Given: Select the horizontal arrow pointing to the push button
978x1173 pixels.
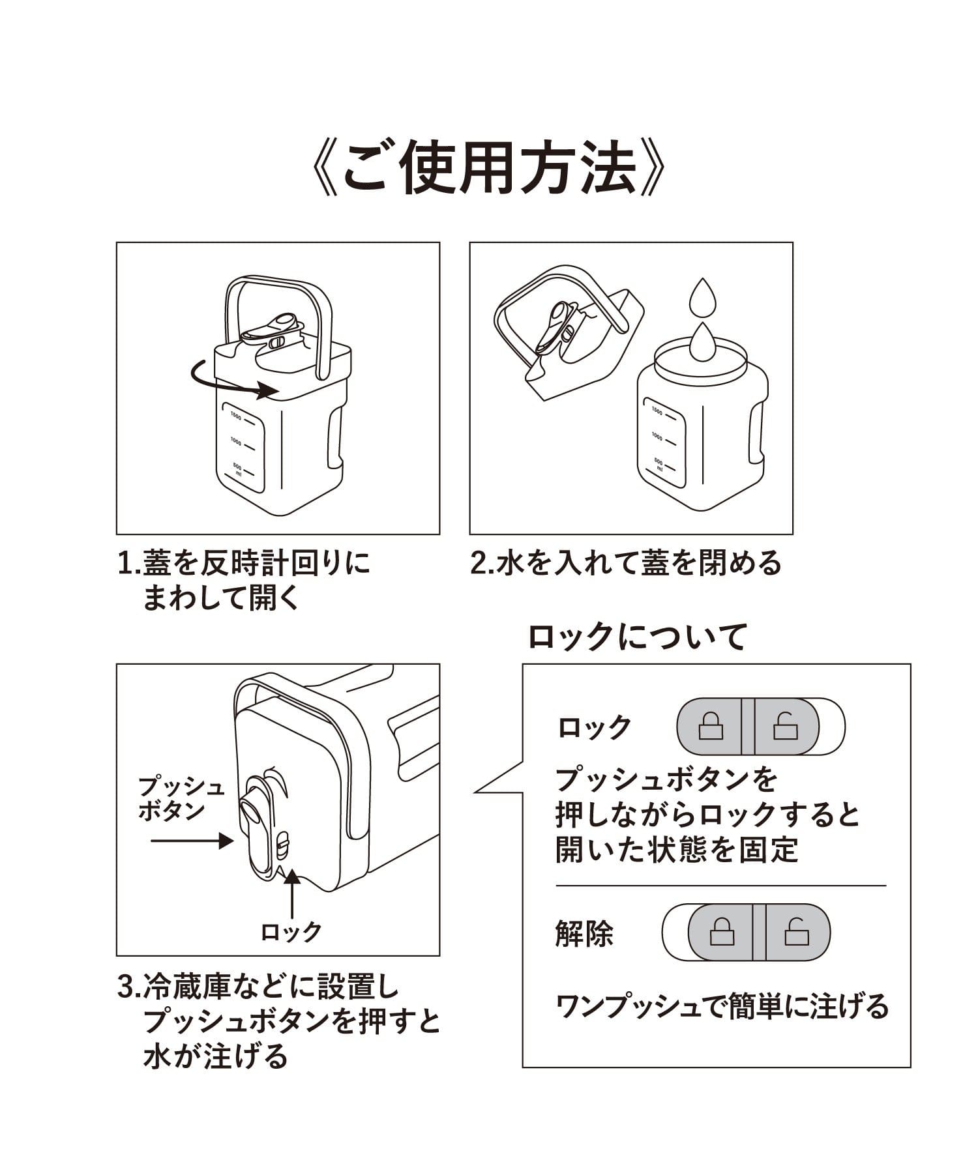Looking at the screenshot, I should (192, 841).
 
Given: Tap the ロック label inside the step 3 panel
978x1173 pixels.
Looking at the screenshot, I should (291, 932).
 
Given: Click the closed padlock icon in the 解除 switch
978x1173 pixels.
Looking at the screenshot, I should (722, 933).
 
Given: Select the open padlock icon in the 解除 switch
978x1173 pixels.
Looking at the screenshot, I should (796, 933).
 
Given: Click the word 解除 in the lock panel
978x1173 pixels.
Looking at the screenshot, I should (584, 934).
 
